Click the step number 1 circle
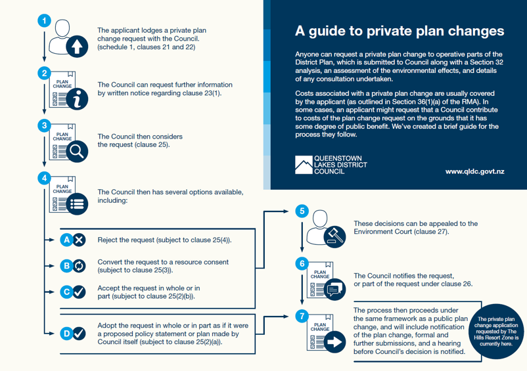click(44, 21)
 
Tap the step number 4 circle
click(44, 177)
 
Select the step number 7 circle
click(302, 316)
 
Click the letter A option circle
click(66, 240)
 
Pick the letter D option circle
click(66, 334)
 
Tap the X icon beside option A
click(79, 240)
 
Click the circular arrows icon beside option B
click(79, 266)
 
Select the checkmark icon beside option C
click(79, 292)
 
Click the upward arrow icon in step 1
click(77, 46)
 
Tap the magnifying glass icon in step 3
click(78, 152)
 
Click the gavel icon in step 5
click(336, 234)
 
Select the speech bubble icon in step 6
click(335, 288)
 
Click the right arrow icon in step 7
click(335, 341)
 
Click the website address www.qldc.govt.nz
click(474, 171)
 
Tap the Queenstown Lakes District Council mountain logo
click(304, 164)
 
